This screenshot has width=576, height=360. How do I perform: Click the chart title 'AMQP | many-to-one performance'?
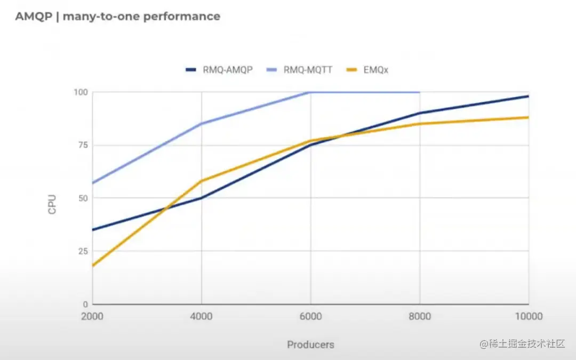tap(117, 17)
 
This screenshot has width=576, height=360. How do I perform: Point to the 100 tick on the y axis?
tap(80, 92)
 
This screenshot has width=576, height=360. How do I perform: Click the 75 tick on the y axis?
tap(82, 145)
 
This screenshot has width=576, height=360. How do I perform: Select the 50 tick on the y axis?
tap(82, 198)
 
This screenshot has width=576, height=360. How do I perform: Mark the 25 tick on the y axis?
tap(82, 251)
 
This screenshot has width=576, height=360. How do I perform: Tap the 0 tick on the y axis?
tap(85, 304)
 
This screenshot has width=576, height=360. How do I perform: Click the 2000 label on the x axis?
tap(92, 316)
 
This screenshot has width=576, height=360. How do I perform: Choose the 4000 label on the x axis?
tap(201, 316)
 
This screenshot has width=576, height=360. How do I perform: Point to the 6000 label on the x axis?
tap(310, 316)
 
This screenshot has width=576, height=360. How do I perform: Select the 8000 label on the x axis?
tap(420, 316)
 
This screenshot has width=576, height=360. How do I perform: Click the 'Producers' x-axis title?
tap(310, 345)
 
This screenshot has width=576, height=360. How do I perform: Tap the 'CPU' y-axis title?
tap(52, 204)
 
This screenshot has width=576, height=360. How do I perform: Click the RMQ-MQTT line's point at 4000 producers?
tap(201, 124)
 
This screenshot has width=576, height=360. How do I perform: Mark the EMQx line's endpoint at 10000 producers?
tap(528, 117)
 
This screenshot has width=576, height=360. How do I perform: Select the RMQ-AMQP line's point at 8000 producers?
tap(420, 113)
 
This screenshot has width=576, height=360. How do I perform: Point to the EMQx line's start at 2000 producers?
tap(93, 266)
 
